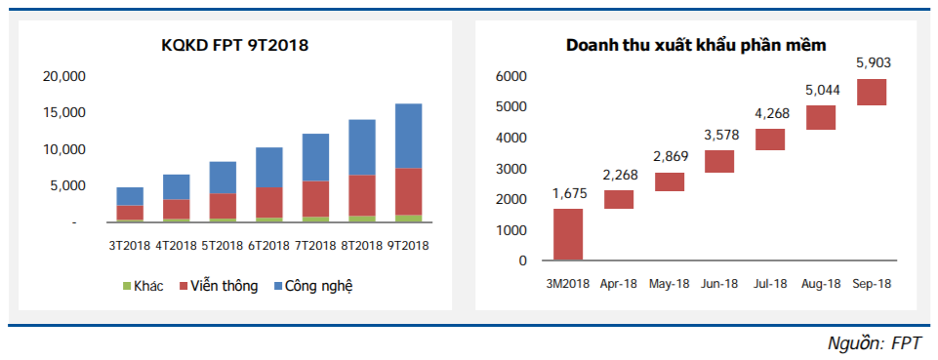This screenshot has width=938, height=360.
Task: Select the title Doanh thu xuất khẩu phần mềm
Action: click(x=696, y=45)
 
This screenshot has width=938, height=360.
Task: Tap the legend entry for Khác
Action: click(x=145, y=286)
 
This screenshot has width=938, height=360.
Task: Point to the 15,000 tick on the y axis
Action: click(x=66, y=112)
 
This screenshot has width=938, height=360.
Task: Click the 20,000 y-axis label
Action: click(x=66, y=76)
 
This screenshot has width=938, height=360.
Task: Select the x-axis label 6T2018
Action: click(x=268, y=245)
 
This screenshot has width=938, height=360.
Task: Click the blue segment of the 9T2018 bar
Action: click(x=408, y=136)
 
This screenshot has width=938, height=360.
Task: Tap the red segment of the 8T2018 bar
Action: click(x=361, y=195)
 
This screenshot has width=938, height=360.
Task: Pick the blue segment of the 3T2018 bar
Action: click(x=129, y=196)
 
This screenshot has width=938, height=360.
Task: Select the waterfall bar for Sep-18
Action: click(x=871, y=92)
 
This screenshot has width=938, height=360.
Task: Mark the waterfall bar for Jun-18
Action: click(x=719, y=161)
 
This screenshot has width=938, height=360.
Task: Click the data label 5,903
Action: click(x=873, y=63)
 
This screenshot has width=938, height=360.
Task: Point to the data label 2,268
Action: click(x=618, y=176)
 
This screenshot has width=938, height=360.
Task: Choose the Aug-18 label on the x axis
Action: click(x=821, y=283)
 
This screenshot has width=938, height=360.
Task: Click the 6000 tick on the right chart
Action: click(x=511, y=76)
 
